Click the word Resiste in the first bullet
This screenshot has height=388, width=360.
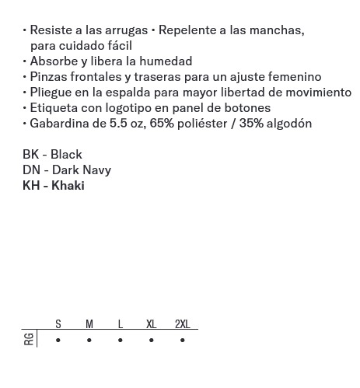(x=51, y=30)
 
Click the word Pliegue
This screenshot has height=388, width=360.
(x=52, y=93)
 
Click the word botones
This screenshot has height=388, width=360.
(x=245, y=108)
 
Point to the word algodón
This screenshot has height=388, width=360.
(x=288, y=124)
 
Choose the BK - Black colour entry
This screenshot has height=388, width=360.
(x=52, y=155)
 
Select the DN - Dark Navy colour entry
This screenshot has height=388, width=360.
(x=67, y=170)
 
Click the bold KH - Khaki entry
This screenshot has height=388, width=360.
(x=54, y=186)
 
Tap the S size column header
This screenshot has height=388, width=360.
(x=58, y=324)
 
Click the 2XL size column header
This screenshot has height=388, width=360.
(x=182, y=324)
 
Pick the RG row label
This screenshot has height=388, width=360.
(x=30, y=339)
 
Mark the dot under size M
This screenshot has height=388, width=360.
(x=89, y=341)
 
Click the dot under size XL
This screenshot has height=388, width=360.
(x=152, y=341)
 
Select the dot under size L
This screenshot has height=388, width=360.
(x=121, y=341)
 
